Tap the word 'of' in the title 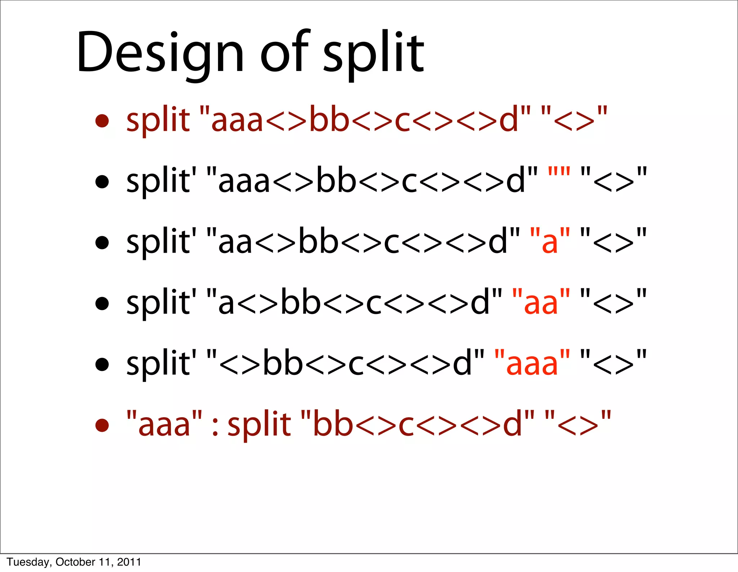pos(285,52)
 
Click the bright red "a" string pos(550,241)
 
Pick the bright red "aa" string pos(541,302)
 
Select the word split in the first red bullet pos(158,120)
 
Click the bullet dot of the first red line pos(102,121)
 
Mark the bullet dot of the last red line pos(102,425)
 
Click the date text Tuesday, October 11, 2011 pos(74,562)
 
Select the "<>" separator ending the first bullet pos(574,120)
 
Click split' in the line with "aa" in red pos(161,302)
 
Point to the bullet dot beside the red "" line pos(102,182)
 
